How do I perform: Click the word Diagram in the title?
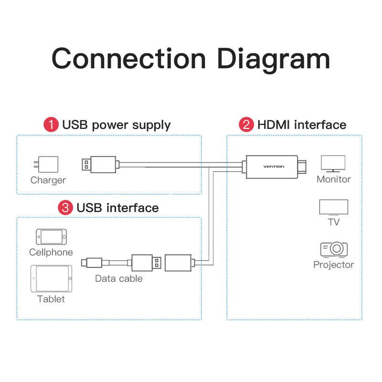pyautogui.click(x=273, y=60)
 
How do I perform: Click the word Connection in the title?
pyautogui.click(x=129, y=59)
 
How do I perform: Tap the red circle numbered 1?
pyautogui.click(x=51, y=125)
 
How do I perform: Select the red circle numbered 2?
pyautogui.click(x=246, y=125)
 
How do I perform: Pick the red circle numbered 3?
pyautogui.click(x=65, y=208)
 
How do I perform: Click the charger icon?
pyautogui.click(x=46, y=164)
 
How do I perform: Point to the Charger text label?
pyautogui.click(x=48, y=180)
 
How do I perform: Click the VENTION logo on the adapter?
pyautogui.click(x=274, y=167)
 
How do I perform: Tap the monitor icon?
pyautogui.click(x=333, y=164)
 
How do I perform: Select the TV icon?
pyautogui.click(x=333, y=208)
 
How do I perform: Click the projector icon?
pyautogui.click(x=334, y=249)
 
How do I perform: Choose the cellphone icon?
pyautogui.click(x=51, y=237)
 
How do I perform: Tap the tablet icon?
pyautogui.click(x=52, y=278)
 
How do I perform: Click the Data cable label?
pyautogui.click(x=119, y=278)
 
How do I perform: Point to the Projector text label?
pyautogui.click(x=333, y=265)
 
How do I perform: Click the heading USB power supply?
pyautogui.click(x=117, y=125)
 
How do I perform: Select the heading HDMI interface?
pyautogui.click(x=302, y=125)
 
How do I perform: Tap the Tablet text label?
pyautogui.click(x=51, y=299)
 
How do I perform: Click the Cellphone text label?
pyautogui.click(x=51, y=252)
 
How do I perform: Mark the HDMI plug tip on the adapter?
pyautogui.click(x=302, y=167)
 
